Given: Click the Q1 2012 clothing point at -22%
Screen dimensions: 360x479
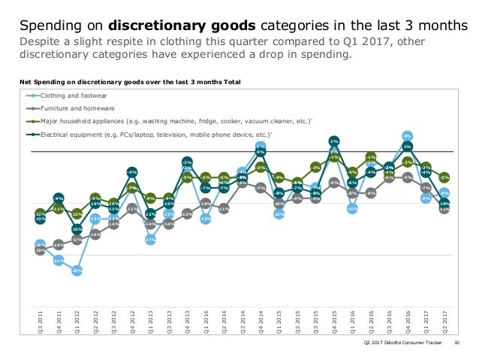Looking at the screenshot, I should (77, 271).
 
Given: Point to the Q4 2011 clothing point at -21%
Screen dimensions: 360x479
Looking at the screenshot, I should (58, 260).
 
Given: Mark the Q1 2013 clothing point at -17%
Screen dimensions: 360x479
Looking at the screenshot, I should (150, 240).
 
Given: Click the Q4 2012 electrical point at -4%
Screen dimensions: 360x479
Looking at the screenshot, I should (131, 173).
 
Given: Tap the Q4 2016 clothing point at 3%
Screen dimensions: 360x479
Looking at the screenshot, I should (407, 135).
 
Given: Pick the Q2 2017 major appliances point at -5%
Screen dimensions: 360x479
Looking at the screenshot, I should (444, 177).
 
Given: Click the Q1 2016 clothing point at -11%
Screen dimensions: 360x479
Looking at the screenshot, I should (352, 209).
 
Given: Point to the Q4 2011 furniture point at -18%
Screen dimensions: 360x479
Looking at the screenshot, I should (58, 244).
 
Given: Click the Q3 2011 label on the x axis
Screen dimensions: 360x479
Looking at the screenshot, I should (40, 320).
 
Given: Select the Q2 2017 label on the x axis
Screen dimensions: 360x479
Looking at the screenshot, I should (444, 320).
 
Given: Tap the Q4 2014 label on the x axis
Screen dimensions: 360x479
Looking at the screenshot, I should (261, 320).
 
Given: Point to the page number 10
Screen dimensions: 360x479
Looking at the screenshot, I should (457, 344).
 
